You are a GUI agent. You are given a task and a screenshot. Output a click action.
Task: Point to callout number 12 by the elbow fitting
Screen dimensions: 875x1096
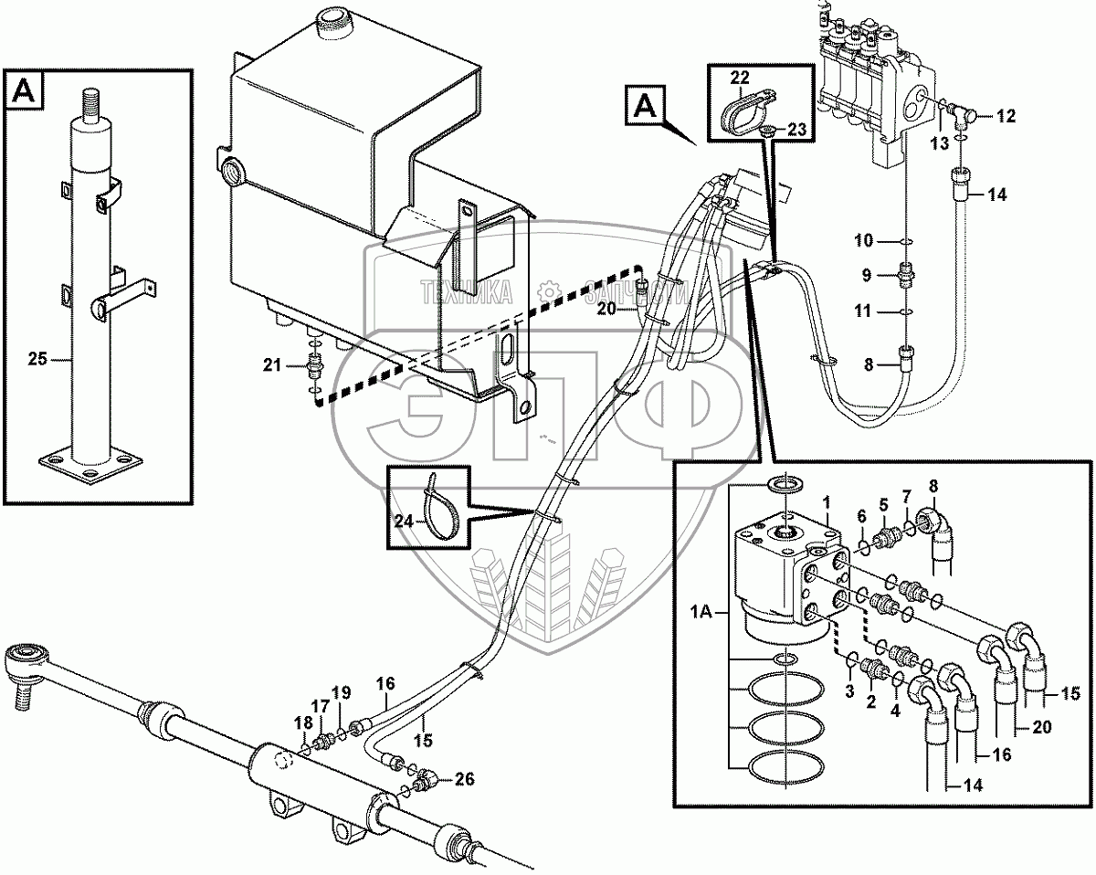(1005, 116)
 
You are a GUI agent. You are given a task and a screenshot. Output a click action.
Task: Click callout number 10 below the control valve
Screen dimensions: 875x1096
(863, 241)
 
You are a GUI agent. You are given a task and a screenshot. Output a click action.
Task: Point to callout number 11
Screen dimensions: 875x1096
(863, 311)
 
